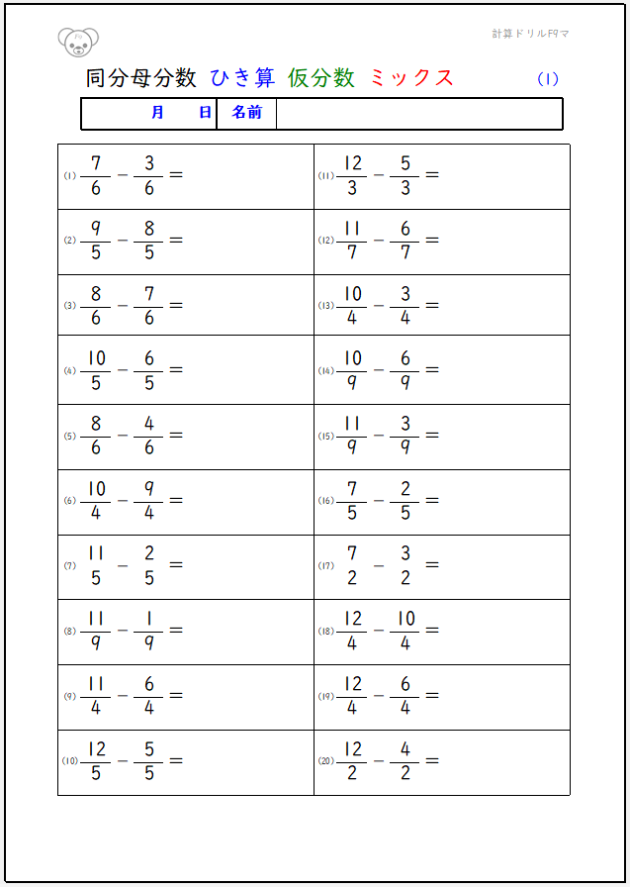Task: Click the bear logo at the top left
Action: click(78, 42)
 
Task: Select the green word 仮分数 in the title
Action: click(321, 78)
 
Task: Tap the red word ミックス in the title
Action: click(411, 78)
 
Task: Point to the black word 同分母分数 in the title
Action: click(141, 78)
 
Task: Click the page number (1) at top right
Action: click(548, 79)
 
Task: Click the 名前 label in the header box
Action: click(246, 113)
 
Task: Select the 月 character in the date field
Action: click(158, 113)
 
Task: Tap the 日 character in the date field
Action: click(205, 113)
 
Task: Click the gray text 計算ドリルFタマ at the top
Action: click(530, 34)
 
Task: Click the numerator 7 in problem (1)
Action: click(96, 162)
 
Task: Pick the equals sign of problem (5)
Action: click(176, 436)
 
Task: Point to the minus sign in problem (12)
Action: click(379, 241)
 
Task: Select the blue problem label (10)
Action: click(70, 761)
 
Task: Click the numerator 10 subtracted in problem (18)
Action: click(405, 619)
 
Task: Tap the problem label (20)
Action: click(326, 761)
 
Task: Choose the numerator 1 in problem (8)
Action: click(149, 619)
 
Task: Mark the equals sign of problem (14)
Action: click(431, 370)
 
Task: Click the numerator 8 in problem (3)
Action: click(96, 293)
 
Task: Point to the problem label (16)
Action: click(326, 501)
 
